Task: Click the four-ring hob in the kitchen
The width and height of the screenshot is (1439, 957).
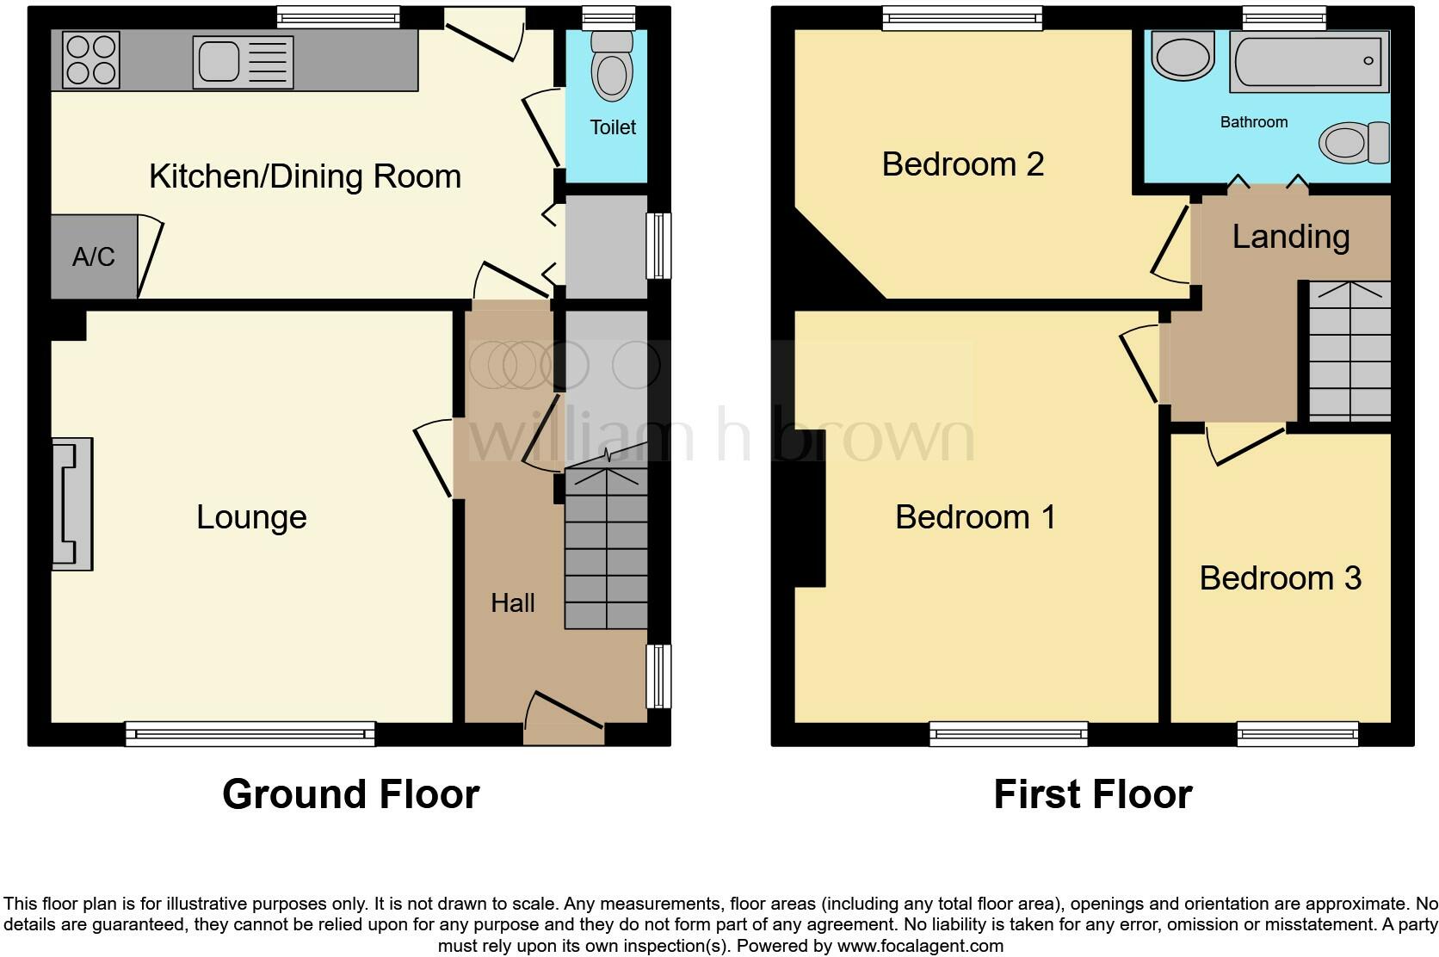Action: point(91,60)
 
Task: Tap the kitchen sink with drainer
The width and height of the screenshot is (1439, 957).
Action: point(243,62)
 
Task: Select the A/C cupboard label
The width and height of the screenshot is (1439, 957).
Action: point(94,256)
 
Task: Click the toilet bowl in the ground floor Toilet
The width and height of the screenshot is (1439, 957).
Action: point(612,72)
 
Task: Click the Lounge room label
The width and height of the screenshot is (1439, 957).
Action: point(251,517)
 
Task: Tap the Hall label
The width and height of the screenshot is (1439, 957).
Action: point(513,603)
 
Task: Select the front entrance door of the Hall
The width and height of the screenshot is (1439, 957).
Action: point(564,719)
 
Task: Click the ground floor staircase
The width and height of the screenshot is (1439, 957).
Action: point(606,551)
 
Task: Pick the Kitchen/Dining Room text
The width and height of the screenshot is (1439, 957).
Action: point(305,176)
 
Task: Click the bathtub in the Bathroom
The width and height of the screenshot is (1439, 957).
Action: point(1308,61)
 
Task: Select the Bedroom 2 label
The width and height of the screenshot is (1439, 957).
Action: point(962,164)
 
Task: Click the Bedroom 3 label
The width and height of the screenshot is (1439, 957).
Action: point(1280,578)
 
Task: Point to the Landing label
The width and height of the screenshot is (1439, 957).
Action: point(1290,237)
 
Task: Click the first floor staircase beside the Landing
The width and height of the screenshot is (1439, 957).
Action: point(1349,351)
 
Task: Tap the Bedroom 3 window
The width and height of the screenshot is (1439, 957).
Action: point(1297,733)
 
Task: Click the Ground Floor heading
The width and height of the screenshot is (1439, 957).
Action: point(350,793)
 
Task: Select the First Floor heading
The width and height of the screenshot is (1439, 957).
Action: point(1092,793)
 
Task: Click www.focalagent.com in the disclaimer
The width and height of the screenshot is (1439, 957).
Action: point(919,946)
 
